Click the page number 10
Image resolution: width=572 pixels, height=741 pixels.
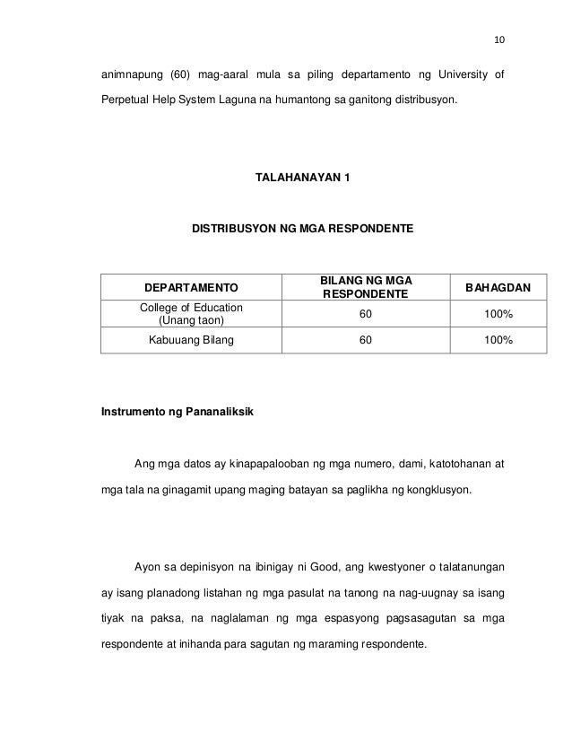[x=500, y=39]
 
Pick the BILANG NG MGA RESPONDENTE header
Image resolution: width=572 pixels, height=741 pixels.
[x=363, y=287]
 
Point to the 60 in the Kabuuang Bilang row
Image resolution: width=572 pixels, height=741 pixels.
[x=363, y=341]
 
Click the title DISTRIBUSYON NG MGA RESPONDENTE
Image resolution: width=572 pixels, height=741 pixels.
[x=302, y=230]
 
